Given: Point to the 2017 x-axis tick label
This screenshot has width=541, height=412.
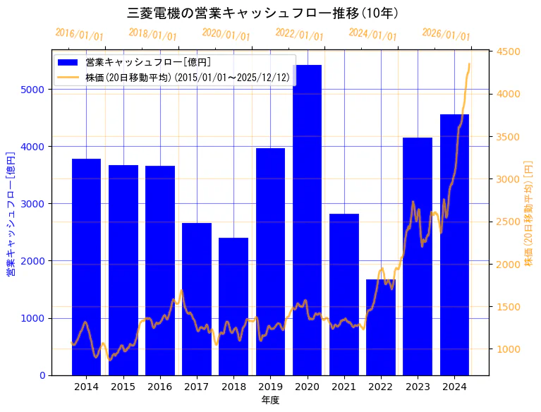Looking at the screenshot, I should [x=197, y=387].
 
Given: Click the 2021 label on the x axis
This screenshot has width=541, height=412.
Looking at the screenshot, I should [x=344, y=387].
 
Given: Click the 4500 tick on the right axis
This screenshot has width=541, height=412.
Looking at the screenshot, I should [x=508, y=51].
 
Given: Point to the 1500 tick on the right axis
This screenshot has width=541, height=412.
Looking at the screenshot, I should [x=508, y=307].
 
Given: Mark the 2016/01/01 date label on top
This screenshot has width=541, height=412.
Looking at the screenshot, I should [x=79, y=35].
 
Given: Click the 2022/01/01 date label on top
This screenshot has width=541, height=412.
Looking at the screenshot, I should [x=299, y=35].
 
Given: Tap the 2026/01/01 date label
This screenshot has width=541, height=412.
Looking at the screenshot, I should [x=446, y=35].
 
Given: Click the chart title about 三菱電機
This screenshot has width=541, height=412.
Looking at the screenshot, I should [x=262, y=13].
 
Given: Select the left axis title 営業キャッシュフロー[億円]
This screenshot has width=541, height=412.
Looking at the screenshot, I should [x=11, y=212].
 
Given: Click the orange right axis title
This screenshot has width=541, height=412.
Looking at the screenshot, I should [x=528, y=212].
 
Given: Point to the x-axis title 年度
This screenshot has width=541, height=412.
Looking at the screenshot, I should [x=270, y=400].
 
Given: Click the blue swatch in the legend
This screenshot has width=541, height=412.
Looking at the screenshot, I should [x=68, y=63].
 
